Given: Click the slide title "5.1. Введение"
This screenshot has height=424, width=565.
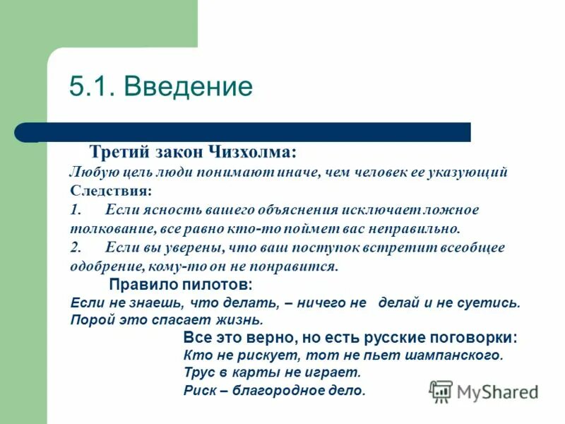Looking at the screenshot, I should click(x=160, y=87).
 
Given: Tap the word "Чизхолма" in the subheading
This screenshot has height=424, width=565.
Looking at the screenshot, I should click(x=251, y=153).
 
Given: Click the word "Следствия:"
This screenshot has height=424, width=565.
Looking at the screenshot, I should click(x=110, y=191).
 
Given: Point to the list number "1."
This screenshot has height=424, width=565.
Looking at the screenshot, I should click(x=76, y=210).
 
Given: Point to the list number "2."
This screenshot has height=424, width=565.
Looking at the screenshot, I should click(x=76, y=247).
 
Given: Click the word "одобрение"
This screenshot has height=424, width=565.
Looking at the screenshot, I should click(x=107, y=266).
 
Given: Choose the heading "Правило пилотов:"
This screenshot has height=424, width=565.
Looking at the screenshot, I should click(x=180, y=285).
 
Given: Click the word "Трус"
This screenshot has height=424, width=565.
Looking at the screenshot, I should click(x=198, y=372).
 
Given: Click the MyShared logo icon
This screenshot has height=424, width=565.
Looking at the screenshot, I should click(x=441, y=391).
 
